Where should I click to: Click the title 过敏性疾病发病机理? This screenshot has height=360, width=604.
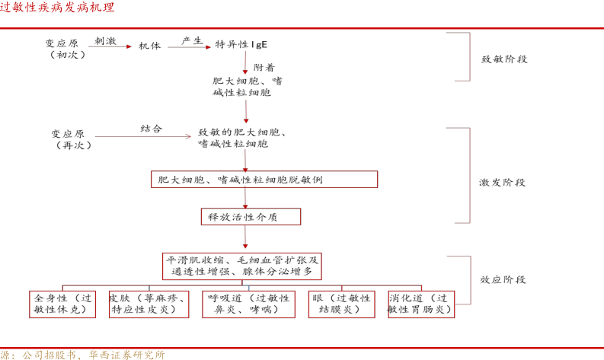point(58,8)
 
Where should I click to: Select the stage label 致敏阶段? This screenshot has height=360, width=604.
point(505,59)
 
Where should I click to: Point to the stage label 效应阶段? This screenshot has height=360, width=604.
point(503,280)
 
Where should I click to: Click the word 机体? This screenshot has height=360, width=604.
point(149,46)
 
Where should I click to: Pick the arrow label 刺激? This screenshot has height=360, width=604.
point(105,40)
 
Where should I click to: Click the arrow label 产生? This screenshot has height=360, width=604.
point(192,40)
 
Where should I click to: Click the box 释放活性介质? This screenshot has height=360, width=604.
point(250,217)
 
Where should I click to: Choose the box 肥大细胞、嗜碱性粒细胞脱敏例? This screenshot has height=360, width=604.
point(264,180)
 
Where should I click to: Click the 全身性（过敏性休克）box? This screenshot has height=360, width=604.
point(63,304)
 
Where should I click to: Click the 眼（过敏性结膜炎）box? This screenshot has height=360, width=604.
point(341,304)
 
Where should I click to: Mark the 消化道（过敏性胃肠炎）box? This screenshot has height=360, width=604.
point(421,304)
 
